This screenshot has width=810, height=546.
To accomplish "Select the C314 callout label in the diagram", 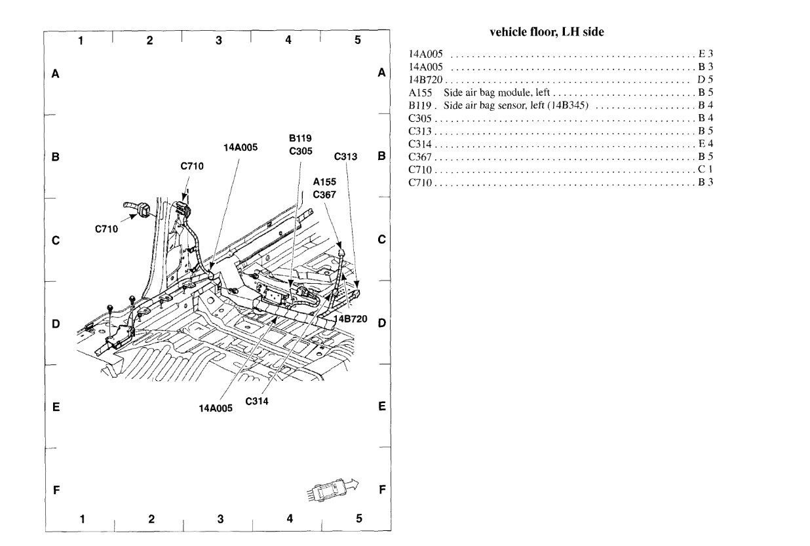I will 257,400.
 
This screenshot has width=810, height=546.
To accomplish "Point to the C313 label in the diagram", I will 345,157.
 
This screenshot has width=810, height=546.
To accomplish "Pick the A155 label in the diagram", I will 324,183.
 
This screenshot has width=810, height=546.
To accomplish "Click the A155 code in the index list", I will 418,95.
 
